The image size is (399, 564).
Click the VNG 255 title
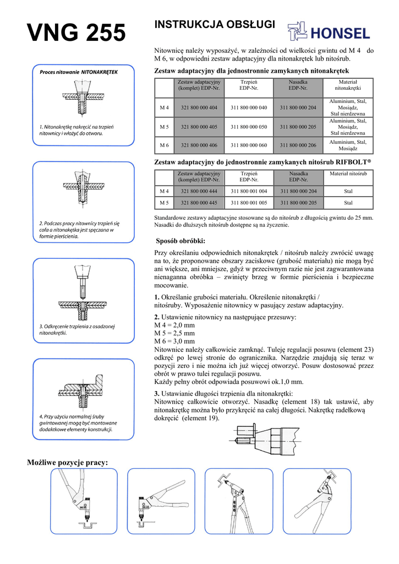76,34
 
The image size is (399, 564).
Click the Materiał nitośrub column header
348,174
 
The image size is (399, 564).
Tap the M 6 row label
164,145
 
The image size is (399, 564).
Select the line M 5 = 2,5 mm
174,333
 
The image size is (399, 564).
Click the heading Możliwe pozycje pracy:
68,462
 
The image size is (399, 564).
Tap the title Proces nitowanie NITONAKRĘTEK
79,72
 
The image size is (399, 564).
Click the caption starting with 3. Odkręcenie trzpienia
77,330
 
